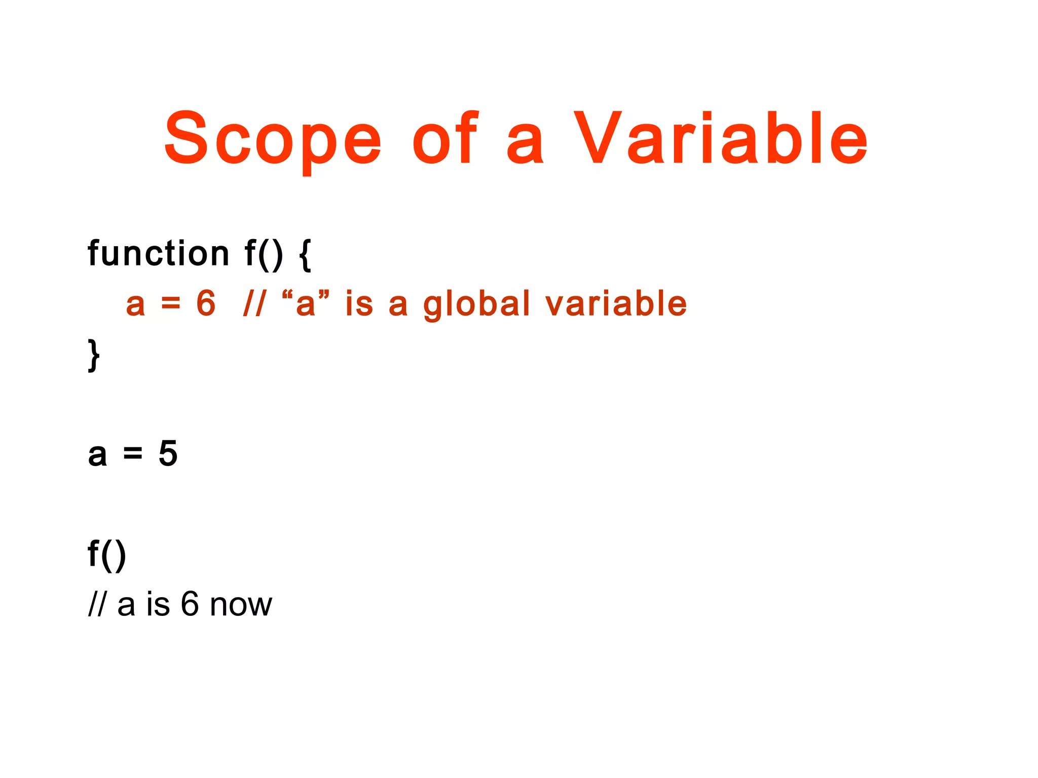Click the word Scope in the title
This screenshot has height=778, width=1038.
(x=273, y=139)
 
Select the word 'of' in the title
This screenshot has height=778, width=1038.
(x=444, y=139)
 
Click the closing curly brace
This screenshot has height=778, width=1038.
(x=94, y=355)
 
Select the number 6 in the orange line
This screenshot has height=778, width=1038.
(x=206, y=303)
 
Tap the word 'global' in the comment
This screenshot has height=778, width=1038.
(x=476, y=304)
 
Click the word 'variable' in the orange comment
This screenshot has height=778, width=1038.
(x=616, y=303)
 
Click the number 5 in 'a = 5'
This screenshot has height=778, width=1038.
(x=168, y=453)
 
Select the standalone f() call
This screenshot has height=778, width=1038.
(x=106, y=555)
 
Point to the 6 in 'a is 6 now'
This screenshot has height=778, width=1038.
(x=190, y=604)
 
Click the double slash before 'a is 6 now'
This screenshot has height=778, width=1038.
(x=96, y=604)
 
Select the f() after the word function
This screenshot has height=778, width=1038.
(x=264, y=254)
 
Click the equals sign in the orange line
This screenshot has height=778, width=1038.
(x=170, y=304)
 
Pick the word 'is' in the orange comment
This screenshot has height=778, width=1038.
(x=359, y=303)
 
